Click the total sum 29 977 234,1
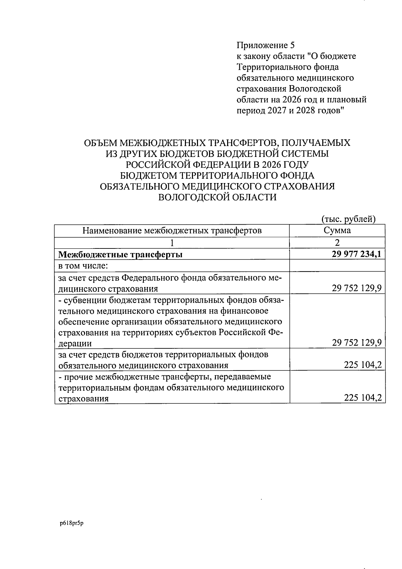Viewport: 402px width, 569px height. (x=356, y=254)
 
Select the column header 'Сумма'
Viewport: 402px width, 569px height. (x=337, y=230)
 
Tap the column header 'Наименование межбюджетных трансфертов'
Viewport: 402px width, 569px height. (x=172, y=231)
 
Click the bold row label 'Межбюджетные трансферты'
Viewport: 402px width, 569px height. (x=120, y=255)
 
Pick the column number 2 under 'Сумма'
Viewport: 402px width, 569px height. (x=337, y=243)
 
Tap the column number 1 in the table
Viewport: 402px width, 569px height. (x=172, y=243)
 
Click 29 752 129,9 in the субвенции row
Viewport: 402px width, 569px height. (x=357, y=343)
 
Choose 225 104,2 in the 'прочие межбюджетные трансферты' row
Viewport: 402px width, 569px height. (x=363, y=398)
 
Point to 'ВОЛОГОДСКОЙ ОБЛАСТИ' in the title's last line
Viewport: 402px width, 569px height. (x=217, y=197)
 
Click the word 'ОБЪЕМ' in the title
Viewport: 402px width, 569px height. (x=100, y=143)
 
